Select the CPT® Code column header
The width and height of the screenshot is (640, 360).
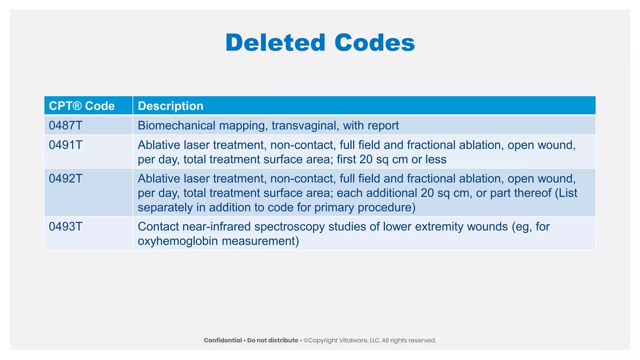(x=82, y=106)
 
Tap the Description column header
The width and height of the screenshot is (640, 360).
(x=171, y=106)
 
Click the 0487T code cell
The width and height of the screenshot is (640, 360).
(x=66, y=125)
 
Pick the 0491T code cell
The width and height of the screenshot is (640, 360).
(x=66, y=145)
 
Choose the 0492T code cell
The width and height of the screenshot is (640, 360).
(x=66, y=178)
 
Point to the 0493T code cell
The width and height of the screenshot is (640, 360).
(x=66, y=227)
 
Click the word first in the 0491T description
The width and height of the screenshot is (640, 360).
(x=346, y=159)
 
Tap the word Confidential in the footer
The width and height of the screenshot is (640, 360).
(x=223, y=340)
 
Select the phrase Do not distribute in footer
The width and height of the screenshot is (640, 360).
(x=272, y=340)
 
